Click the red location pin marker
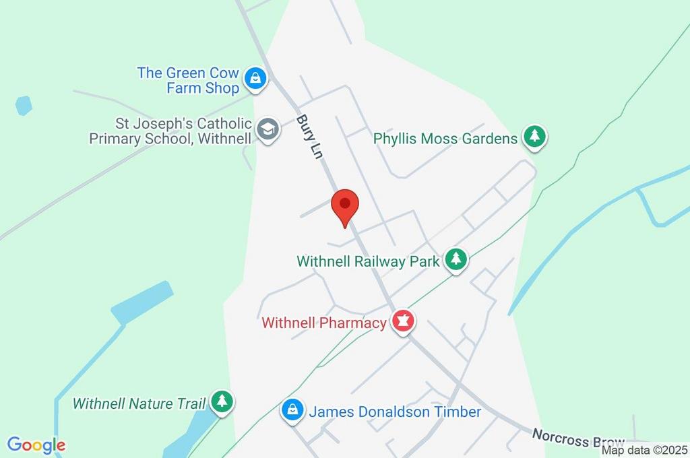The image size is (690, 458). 346,205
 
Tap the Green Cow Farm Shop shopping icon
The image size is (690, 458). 255,79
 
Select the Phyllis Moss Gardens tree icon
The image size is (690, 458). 535,137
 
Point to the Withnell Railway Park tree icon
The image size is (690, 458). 456,259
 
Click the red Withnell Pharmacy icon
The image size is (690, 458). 403,322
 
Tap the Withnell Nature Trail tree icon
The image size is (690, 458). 222,402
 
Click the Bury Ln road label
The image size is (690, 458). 310,137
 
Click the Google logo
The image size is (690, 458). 36,445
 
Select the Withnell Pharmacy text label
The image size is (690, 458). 324,323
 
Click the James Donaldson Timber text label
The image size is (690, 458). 395,411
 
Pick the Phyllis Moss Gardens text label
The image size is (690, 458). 445,139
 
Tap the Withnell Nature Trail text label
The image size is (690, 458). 139,404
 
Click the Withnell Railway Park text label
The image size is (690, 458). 368,261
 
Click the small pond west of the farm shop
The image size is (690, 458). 24,105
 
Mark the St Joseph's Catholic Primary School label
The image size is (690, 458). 171,131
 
